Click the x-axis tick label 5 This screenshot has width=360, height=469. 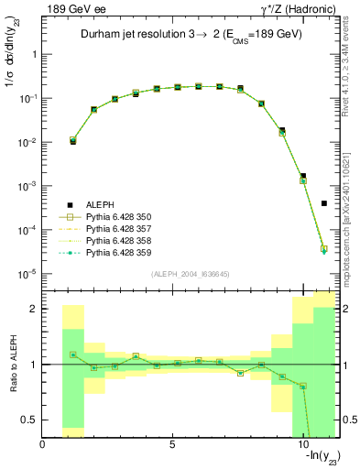tap(172, 444)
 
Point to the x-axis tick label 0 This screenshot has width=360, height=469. tap(42, 444)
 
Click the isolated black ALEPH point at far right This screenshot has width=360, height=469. tap(324, 203)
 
